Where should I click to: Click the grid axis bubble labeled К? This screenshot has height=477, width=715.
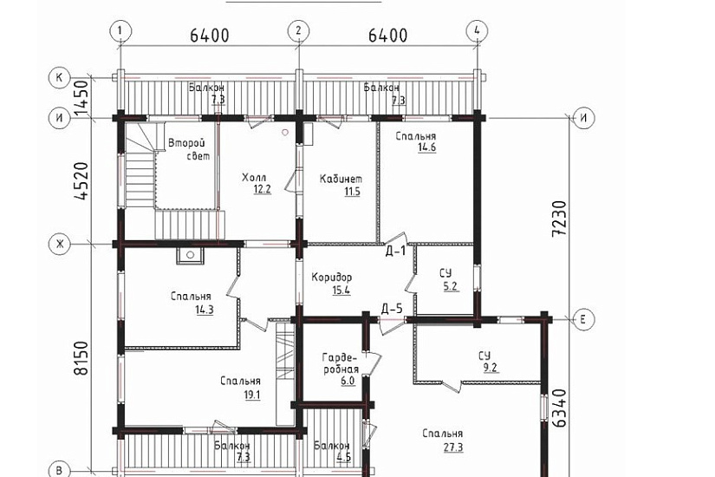pyautogui.click(x=59, y=77)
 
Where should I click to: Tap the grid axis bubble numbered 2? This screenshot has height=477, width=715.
pyautogui.click(x=299, y=31)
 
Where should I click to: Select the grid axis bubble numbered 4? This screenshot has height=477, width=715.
pyautogui.click(x=477, y=31)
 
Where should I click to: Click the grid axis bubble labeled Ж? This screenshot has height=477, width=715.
pyautogui.click(x=59, y=244)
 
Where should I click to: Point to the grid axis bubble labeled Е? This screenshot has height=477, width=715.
pyautogui.click(x=583, y=318)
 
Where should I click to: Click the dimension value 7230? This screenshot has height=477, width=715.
pyautogui.click(x=559, y=219)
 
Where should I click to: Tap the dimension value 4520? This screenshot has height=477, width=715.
pyautogui.click(x=81, y=181)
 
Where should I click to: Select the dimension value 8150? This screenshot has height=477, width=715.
pyautogui.click(x=81, y=358)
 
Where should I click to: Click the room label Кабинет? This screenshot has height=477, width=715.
pyautogui.click(x=341, y=179)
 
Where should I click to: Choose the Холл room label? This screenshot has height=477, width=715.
pyautogui.click(x=254, y=178)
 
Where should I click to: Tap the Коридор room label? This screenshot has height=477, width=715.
pyautogui.click(x=332, y=277)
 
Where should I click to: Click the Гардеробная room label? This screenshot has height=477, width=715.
pyautogui.click(x=341, y=363)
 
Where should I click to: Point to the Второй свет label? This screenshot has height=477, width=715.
pyautogui.click(x=189, y=149)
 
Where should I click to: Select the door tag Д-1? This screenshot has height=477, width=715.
pyautogui.click(x=395, y=251)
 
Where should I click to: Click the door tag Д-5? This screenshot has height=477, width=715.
pyautogui.click(x=392, y=310)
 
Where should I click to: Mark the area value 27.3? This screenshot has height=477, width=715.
pyautogui.click(x=453, y=447)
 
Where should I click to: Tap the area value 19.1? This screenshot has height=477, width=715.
pyautogui.click(x=252, y=395)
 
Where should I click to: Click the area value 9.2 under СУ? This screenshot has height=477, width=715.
pyautogui.click(x=490, y=368)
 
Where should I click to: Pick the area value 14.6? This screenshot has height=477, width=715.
pyautogui.click(x=426, y=147)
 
